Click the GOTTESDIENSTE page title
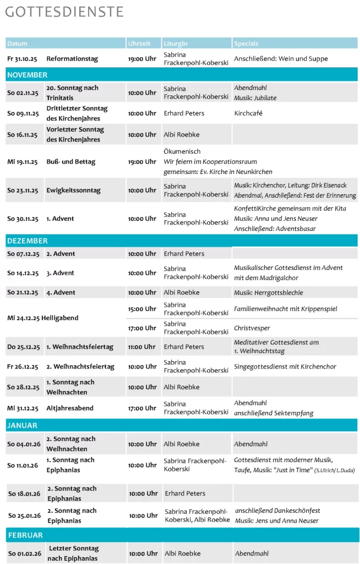64,12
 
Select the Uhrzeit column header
139,44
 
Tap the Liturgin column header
176,44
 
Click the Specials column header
246,44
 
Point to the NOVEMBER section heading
28,75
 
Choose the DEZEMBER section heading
28,241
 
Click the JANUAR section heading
23,425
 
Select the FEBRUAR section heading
25,535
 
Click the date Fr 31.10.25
23,59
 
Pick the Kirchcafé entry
248,113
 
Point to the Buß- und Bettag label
71,162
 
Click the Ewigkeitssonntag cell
73,191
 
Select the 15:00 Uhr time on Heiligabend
142,309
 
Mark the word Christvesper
252,328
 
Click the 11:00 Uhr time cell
142,347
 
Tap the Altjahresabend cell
70,408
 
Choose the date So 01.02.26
24,554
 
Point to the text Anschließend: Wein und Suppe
281,59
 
